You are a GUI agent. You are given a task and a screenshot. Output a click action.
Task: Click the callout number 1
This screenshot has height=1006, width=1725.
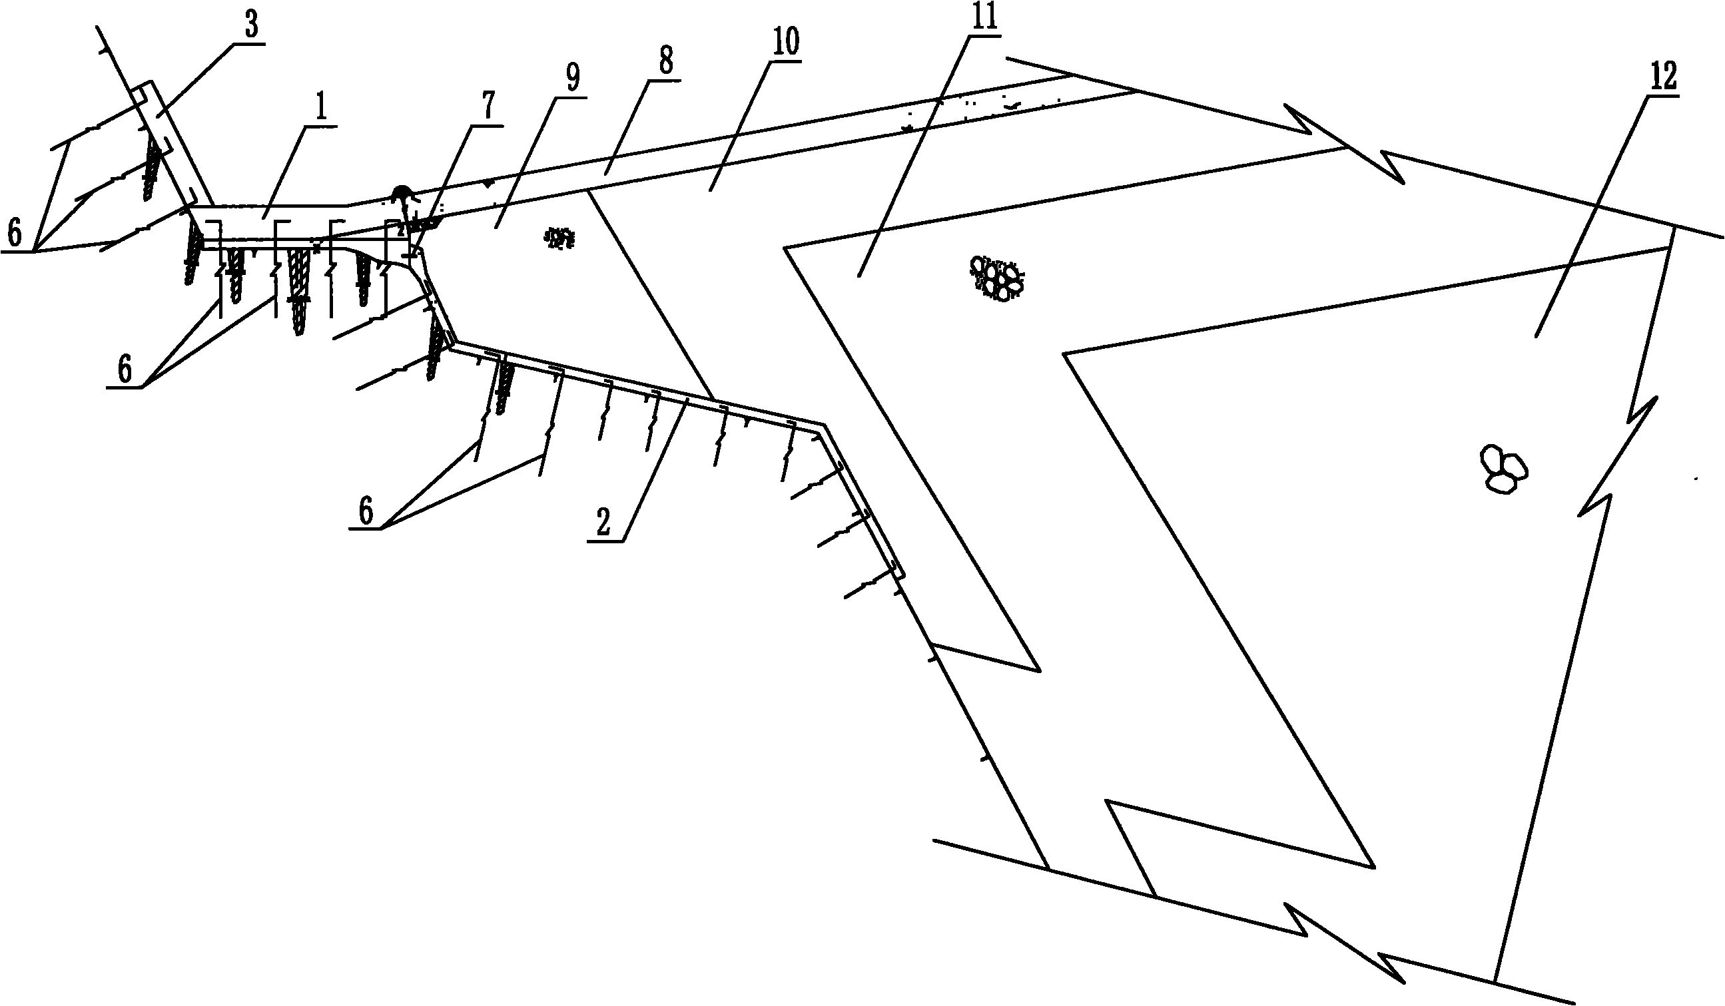point(321,109)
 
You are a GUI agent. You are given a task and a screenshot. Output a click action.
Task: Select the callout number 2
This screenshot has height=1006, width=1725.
point(603,523)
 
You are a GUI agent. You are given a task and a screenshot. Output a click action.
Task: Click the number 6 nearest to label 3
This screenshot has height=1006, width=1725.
point(15,234)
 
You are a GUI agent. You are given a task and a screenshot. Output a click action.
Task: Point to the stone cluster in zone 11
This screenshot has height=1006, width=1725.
point(997,278)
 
